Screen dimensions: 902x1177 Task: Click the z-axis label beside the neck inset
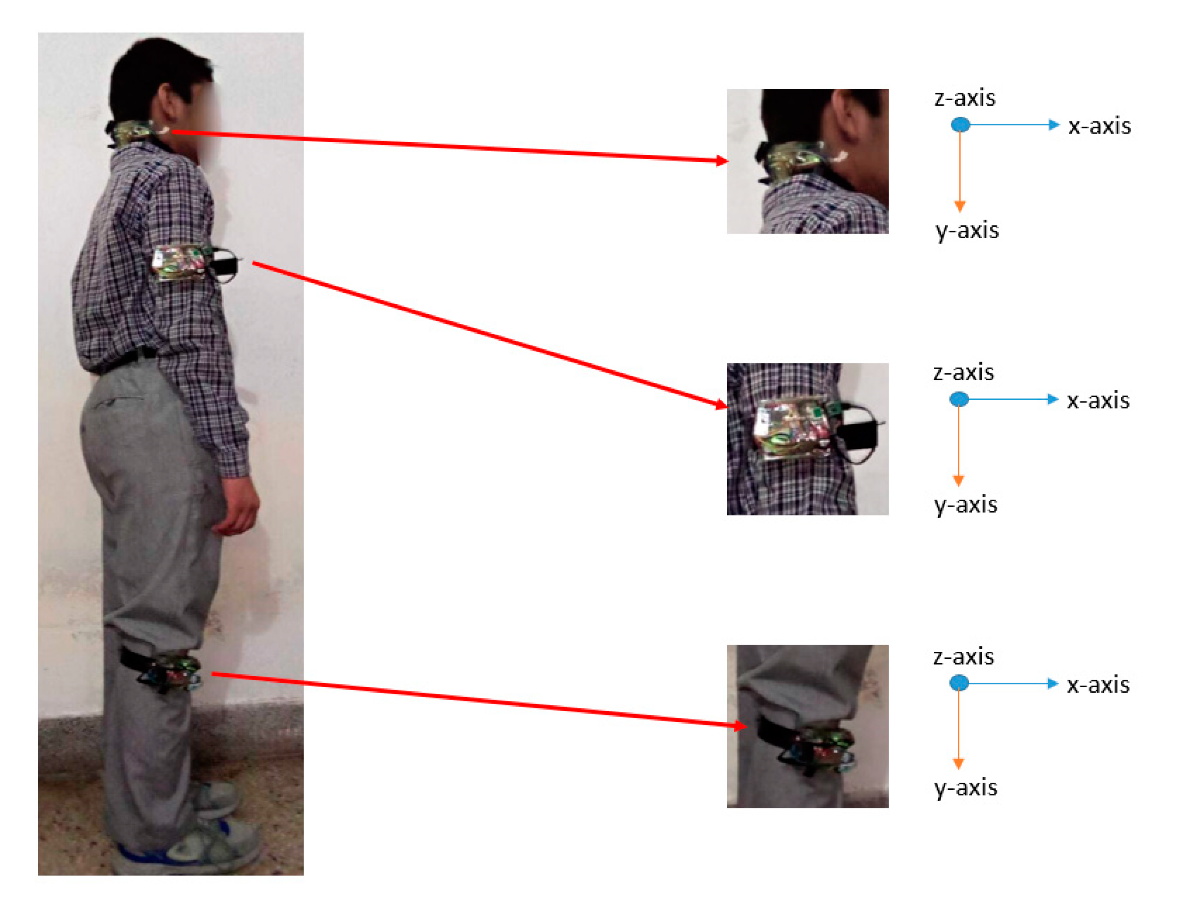coord(964,98)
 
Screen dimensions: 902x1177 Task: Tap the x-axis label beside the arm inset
coord(1097,401)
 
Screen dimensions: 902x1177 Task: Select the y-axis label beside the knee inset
coord(966,788)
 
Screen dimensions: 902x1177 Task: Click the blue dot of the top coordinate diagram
coord(960,125)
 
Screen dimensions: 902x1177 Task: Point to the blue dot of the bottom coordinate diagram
coord(959,683)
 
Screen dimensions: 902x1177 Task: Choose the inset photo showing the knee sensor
coord(807,725)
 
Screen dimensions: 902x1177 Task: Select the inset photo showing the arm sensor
coord(807,439)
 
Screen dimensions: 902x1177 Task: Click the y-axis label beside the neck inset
coord(966,230)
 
